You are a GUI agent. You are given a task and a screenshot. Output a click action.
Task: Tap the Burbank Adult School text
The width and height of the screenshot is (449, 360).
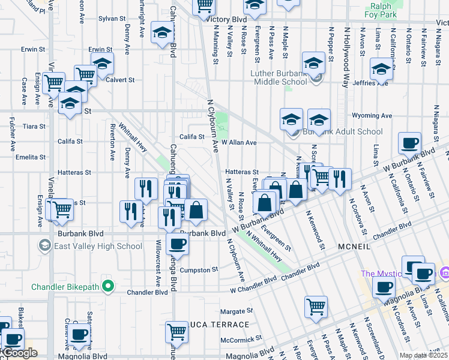346,131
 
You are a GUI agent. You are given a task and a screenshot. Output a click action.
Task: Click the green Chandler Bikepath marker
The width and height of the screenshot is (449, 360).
109,285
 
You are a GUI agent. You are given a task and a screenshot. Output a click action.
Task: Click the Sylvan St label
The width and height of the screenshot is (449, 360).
112,19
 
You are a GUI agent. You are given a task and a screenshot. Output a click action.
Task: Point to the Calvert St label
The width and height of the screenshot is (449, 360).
121,79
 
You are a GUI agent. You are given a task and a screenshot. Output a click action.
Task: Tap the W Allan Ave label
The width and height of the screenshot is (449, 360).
239,143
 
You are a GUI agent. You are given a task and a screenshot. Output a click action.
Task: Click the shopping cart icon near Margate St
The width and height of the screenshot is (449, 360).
316,307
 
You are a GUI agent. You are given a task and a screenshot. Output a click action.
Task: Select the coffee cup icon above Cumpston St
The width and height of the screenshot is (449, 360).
176,244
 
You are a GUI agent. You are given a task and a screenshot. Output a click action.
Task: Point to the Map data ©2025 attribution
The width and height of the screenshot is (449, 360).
423,355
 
